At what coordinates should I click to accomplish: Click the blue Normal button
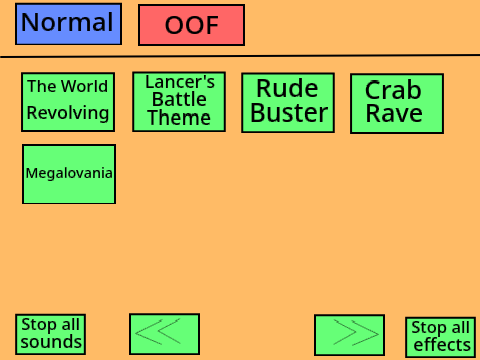[68, 24]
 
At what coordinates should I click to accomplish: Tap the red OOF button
[192, 25]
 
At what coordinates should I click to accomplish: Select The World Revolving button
[68, 102]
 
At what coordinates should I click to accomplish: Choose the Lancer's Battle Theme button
[179, 102]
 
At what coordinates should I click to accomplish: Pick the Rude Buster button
[288, 103]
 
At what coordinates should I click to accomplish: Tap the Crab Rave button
[397, 103]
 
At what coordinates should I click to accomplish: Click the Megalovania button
[69, 174]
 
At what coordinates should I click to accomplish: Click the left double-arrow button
[165, 334]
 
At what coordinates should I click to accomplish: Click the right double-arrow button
[350, 335]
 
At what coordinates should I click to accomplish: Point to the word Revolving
[68, 113]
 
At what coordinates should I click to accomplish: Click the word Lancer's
[180, 82]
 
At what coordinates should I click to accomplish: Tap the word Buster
[289, 113]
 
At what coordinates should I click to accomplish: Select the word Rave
[394, 113]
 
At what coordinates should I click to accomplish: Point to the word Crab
[393, 90]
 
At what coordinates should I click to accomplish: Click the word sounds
[51, 342]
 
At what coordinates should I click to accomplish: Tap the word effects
[442, 345]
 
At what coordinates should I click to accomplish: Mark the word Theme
[179, 118]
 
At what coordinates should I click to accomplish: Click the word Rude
[287, 88]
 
